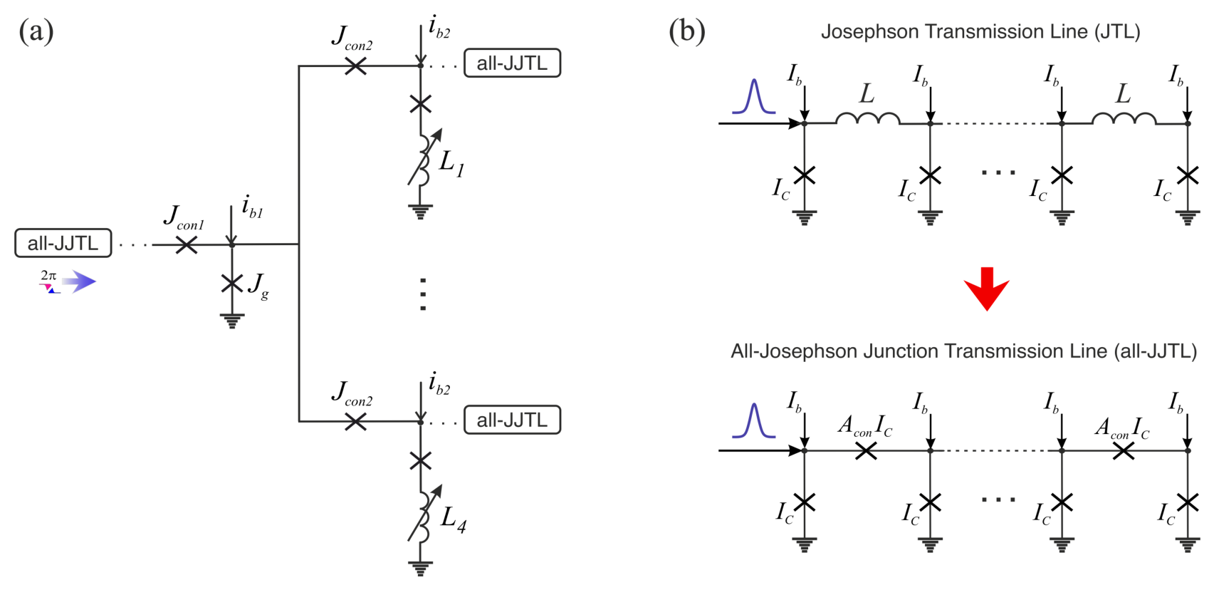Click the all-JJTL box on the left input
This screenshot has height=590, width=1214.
click(x=63, y=243)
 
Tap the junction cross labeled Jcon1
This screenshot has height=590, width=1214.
click(x=186, y=244)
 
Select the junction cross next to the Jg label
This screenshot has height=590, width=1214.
click(x=232, y=283)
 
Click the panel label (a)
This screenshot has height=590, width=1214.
click(x=36, y=31)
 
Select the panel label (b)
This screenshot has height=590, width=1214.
click(x=686, y=31)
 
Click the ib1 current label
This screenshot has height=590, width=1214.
click(x=252, y=207)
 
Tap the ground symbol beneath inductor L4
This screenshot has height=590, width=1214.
click(x=420, y=568)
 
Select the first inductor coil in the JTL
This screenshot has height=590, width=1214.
click(x=868, y=118)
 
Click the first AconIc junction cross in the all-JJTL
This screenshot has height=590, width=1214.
click(x=866, y=451)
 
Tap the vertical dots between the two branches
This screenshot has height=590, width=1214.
click(x=423, y=294)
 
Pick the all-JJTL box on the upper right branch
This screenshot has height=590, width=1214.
click(x=512, y=63)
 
